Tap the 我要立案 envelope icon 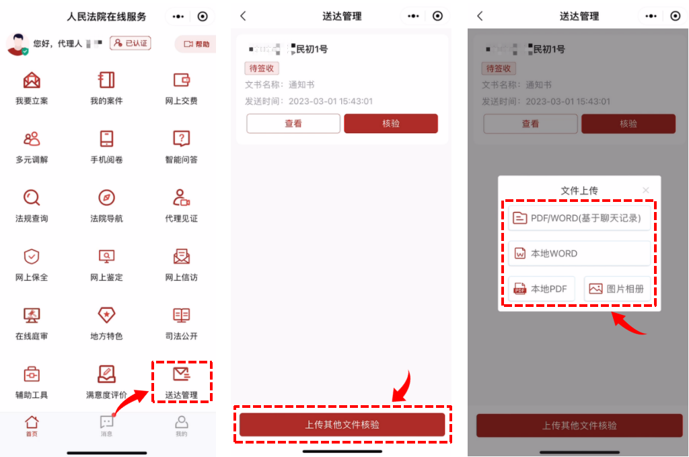pos(32,80)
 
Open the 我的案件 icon pos(106,80)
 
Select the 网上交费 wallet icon pos(181,80)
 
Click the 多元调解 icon pos(32,139)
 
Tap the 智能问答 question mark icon pos(181,139)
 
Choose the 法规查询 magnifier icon pos(32,198)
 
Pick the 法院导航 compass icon pos(106,198)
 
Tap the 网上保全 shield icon pos(32,256)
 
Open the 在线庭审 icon pos(32,315)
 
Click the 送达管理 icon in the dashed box pos(182,374)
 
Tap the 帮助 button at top pos(196,44)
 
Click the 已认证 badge pos(131,43)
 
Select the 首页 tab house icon pos(32,423)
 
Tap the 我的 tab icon pos(181,423)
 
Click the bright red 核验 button pos(391,124)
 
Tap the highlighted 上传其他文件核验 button pos(342,425)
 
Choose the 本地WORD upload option pos(579,254)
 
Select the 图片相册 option pos(617,289)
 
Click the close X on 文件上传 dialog pos(646,190)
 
